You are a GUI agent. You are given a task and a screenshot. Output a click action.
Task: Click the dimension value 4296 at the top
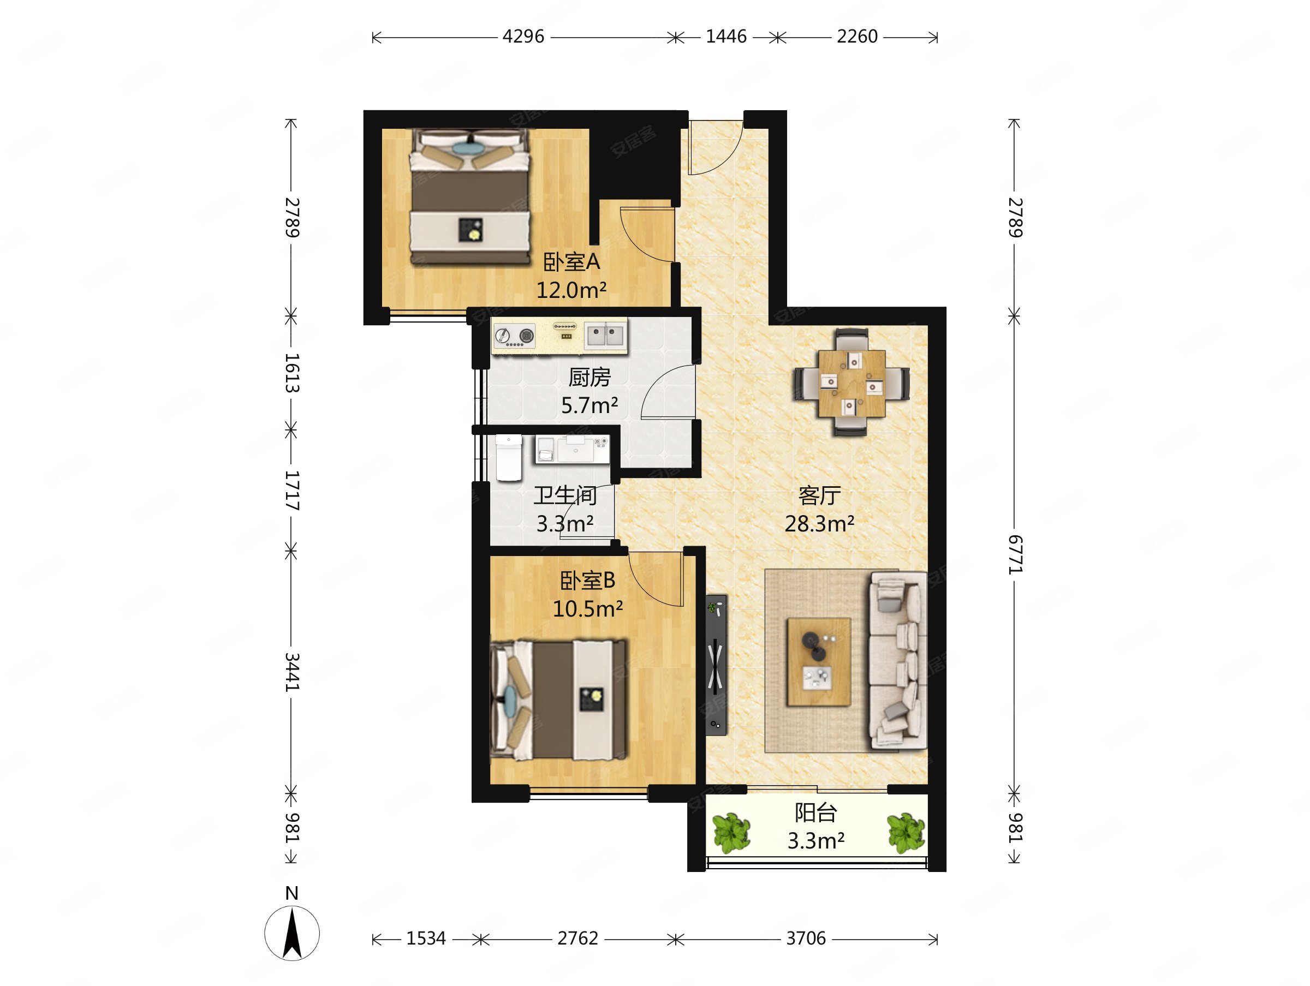click(x=523, y=37)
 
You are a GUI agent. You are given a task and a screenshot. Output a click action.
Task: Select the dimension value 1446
click(x=726, y=37)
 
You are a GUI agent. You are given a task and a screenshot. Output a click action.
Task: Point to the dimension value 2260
click(x=857, y=37)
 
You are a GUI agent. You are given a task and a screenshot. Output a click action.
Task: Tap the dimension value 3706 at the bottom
click(x=806, y=939)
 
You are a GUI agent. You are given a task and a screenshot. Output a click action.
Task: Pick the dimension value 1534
click(x=426, y=939)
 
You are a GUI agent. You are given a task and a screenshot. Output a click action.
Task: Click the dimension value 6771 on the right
click(x=1015, y=554)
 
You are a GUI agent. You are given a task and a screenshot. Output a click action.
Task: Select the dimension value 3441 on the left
click(x=292, y=672)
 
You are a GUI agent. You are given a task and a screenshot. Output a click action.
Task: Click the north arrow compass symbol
click(x=292, y=927)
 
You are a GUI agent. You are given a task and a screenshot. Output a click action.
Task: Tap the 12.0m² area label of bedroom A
click(x=571, y=290)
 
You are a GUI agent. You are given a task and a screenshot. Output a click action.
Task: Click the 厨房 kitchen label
click(x=589, y=377)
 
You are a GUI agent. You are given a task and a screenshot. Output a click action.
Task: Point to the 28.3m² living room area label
click(x=819, y=524)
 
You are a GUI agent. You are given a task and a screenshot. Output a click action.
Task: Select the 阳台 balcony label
click(x=815, y=813)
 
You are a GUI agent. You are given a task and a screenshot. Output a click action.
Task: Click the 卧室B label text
click(x=587, y=581)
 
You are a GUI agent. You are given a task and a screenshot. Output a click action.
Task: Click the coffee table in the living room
click(x=819, y=662)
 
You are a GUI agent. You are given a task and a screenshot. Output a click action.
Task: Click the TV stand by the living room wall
click(x=716, y=665)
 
